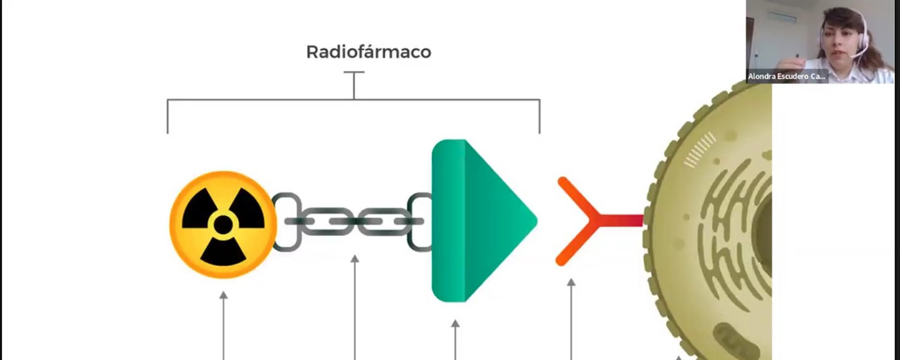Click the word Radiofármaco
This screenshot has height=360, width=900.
click(x=368, y=52)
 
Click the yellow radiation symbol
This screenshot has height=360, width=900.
click(x=223, y=224)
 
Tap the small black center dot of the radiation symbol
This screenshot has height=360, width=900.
click(x=223, y=225)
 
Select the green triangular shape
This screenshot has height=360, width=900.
click(x=480, y=221)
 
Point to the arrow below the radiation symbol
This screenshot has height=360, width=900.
click(x=224, y=324)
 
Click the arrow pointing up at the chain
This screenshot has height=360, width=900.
click(x=355, y=306)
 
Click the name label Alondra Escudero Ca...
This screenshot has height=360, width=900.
click(x=787, y=76)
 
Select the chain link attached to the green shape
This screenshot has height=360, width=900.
click(x=419, y=221)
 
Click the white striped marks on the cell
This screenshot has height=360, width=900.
click(x=700, y=149)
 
